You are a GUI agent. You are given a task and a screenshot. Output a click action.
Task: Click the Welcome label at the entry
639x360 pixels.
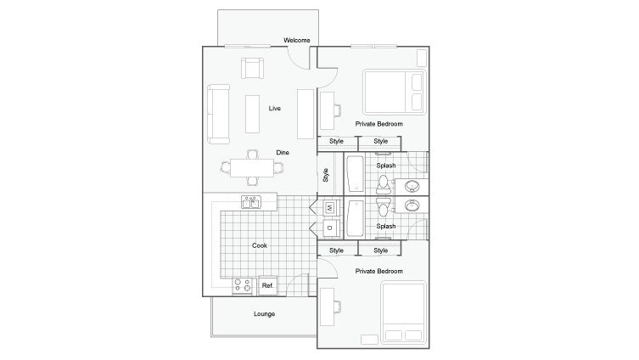coord(296,40)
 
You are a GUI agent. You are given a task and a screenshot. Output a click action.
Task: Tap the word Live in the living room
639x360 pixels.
coord(275,109)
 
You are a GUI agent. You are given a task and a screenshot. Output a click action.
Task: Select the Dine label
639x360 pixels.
coord(283,152)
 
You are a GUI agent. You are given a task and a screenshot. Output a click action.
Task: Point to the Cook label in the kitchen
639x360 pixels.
coord(260,245)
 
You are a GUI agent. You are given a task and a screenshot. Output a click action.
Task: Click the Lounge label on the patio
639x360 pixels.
coord(264,313)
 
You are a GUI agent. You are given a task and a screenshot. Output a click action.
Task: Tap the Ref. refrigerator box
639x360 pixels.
coord(267,285)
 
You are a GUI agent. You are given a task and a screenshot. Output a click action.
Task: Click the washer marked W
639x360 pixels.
coord(329,207)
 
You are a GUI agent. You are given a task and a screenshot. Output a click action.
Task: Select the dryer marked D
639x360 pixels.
coord(329,228)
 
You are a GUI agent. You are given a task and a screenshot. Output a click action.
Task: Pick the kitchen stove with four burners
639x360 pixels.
coord(242,285)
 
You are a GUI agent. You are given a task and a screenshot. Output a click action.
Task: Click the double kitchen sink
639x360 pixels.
coord(252,202)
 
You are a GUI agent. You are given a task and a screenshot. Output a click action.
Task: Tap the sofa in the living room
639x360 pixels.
coord(219,115)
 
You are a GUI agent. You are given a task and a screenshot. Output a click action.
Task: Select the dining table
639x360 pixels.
coord(252,167)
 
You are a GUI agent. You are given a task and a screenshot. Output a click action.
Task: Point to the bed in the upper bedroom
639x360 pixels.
coord(394,92)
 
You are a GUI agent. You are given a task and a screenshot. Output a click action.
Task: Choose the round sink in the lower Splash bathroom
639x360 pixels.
coord(412,206)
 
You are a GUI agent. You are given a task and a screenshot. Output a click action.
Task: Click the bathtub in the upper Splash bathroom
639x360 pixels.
coord(355,173)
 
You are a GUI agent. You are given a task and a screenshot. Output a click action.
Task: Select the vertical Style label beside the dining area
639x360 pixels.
coord(326,175)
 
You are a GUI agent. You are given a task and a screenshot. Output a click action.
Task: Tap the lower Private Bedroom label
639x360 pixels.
coord(379,271)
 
